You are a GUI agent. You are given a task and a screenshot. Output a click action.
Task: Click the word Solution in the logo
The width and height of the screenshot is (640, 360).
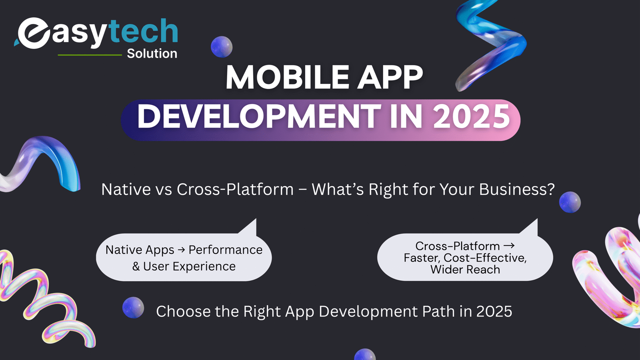pyautogui.click(x=152, y=54)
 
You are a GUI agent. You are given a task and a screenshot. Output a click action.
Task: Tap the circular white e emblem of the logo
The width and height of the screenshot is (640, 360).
pyautogui.click(x=33, y=33)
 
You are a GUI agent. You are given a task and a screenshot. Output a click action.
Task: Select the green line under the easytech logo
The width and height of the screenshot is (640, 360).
pyautogui.click(x=90, y=55)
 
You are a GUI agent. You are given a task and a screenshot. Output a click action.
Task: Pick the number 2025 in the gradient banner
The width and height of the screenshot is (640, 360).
pyautogui.click(x=472, y=116)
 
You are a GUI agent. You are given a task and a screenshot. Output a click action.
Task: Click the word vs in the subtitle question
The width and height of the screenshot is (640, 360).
pyautogui.click(x=164, y=190)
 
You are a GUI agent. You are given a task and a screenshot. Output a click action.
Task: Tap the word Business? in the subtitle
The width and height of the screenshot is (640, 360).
pyautogui.click(x=517, y=189)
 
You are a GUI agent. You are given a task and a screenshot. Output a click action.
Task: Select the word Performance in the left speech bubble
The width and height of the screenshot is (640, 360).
pyautogui.click(x=226, y=250)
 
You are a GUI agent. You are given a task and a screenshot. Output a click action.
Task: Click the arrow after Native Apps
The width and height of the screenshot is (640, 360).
pyautogui.click(x=181, y=250)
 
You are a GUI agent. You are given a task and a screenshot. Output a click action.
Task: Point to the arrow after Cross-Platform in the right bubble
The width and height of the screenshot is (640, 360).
pyautogui.click(x=508, y=246)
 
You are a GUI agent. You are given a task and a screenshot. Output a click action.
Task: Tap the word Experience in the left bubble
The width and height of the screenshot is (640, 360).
pyautogui.click(x=204, y=266)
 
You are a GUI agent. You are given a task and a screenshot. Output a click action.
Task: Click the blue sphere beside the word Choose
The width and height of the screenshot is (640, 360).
pyautogui.click(x=133, y=308)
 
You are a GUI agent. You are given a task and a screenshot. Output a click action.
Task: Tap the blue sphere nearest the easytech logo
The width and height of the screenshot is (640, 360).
pyautogui.click(x=222, y=46)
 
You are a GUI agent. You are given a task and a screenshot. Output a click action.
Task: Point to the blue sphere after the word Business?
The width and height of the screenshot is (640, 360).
pyautogui.click(x=570, y=202)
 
